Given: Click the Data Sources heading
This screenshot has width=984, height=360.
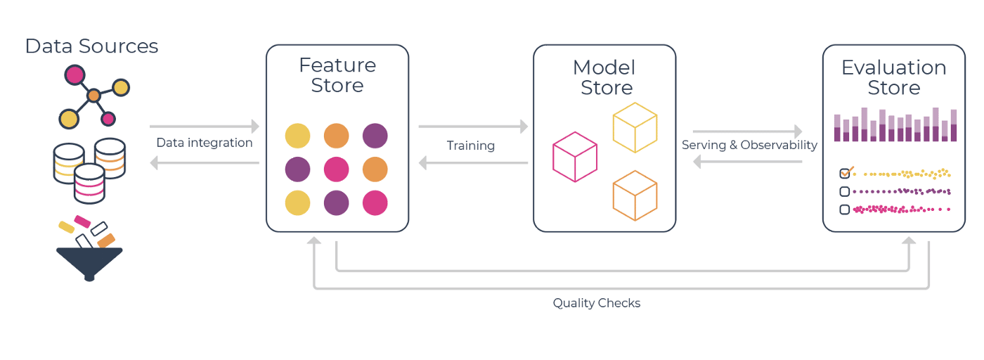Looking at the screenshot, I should (91, 46).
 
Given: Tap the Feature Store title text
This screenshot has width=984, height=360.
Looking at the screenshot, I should (337, 75).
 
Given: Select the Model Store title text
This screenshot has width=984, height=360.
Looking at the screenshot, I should (604, 77).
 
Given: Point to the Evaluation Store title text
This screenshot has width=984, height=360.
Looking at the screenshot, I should (893, 77).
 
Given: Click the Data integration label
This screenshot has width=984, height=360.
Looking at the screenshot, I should (205, 143).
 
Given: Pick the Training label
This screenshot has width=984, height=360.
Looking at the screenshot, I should (471, 146).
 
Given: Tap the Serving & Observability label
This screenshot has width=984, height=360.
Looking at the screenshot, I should (749, 145).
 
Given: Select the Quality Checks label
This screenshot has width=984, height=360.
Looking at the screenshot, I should (597, 303).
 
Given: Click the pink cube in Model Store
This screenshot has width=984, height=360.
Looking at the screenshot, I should (574, 157).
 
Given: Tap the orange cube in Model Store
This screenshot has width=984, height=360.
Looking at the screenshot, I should (635, 196).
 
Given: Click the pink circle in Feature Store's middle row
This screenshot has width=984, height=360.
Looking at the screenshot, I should (337, 169).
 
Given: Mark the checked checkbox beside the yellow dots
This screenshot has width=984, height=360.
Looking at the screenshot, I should (845, 173).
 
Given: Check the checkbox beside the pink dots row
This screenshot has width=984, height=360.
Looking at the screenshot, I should (845, 209).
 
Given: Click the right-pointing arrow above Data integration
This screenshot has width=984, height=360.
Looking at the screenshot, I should (205, 127).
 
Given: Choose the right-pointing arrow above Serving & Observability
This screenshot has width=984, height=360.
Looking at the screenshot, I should (747, 131).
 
